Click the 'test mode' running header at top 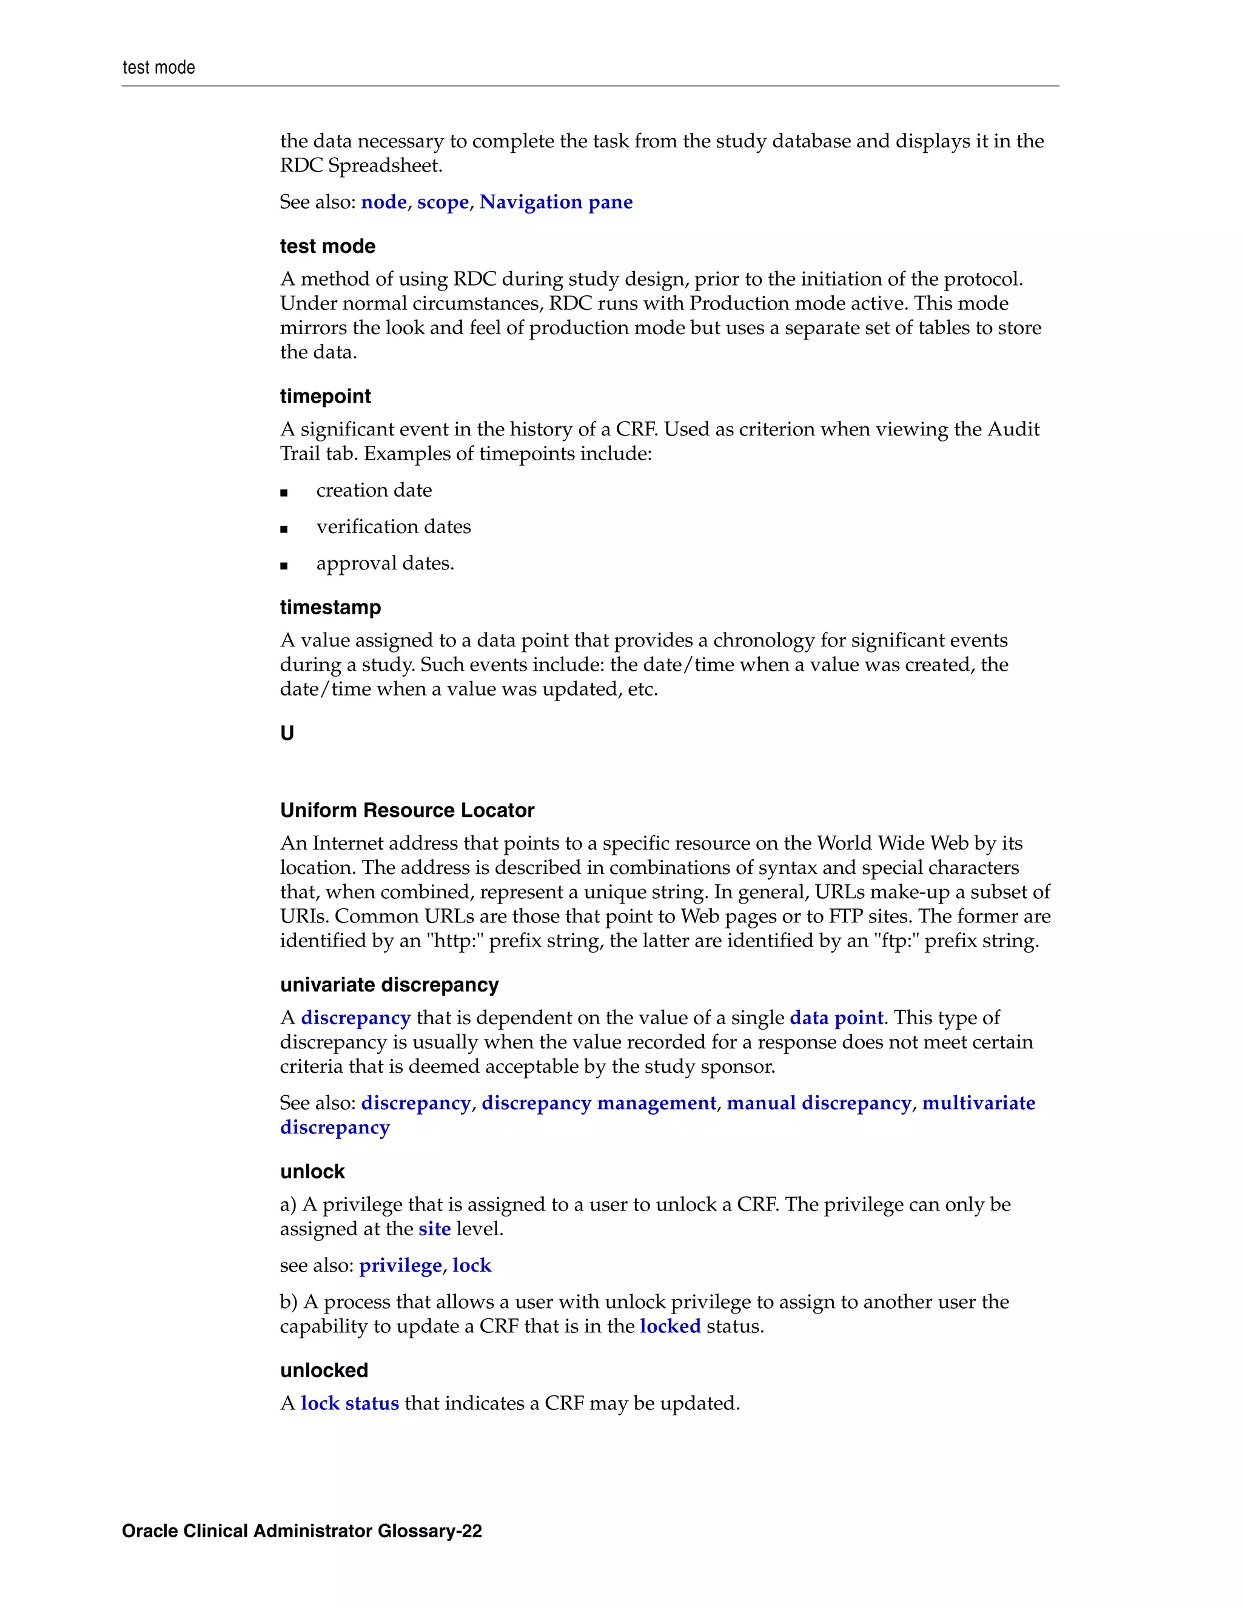coord(158,68)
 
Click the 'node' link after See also coord(383,203)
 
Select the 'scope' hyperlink coord(442,203)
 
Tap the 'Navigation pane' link coord(556,203)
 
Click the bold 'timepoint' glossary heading coord(325,397)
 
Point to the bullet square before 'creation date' coord(284,493)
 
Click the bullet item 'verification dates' coord(393,527)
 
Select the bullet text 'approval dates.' coord(385,563)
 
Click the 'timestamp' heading coord(331,608)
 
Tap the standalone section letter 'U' coord(287,734)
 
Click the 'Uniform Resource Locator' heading coord(407,811)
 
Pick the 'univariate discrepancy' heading coord(389,985)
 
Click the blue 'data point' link coord(836,1018)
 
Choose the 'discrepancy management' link coord(598,1103)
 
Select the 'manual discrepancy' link coord(818,1103)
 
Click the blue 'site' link coord(434,1229)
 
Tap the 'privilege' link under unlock coord(400,1266)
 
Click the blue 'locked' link coord(670,1326)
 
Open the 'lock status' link coord(349,1403)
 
